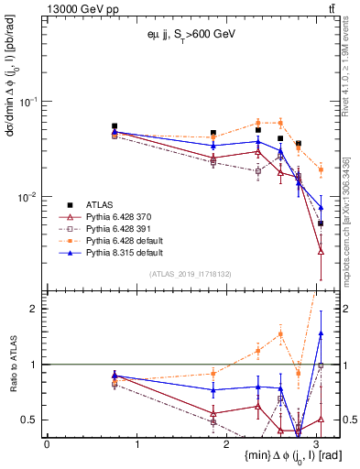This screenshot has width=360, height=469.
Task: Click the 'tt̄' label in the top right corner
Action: click(x=331, y=8)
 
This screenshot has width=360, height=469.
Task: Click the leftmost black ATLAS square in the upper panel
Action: click(x=115, y=126)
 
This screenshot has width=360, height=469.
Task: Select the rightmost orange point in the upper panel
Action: click(x=321, y=169)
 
